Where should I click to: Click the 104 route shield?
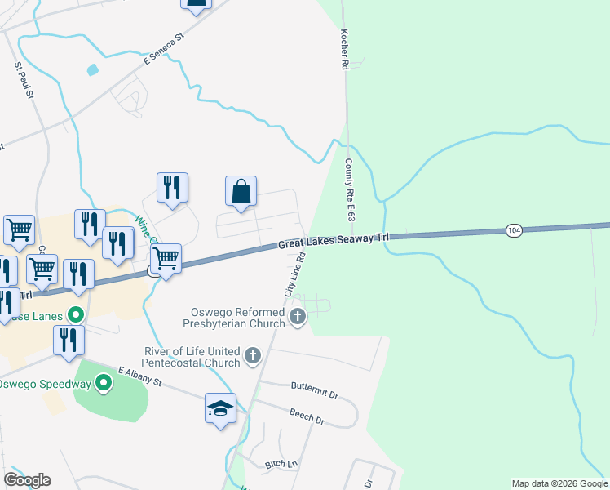pos(513,230)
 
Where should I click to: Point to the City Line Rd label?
pos(294,274)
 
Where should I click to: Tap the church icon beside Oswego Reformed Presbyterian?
pos(298,316)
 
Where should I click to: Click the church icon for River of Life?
pos(253,356)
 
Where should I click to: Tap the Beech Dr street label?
pos(307,416)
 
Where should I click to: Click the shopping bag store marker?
pos(241,192)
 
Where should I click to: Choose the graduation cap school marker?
pos(220,408)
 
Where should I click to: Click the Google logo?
pos(27,480)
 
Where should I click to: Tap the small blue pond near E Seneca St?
pos(92,70)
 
